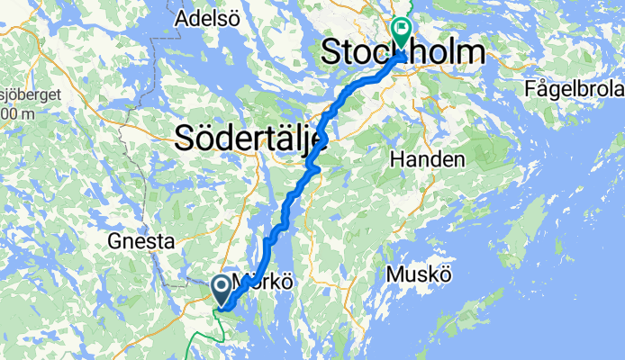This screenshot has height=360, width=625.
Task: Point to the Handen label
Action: coord(429,160)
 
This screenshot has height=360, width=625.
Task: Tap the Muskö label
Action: coord(418,274)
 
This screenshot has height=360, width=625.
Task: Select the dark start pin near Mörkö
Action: coord(221,288)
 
